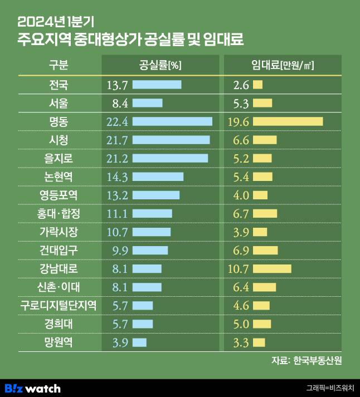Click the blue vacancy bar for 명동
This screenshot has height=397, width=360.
coord(172,121)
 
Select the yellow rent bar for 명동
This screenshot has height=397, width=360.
coord(288,121)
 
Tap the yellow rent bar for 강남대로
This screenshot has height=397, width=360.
coord(272,268)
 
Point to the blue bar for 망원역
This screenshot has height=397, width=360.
coord(140,342)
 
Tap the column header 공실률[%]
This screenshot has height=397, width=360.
coord(160,66)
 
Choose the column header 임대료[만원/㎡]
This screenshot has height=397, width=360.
coord(281,66)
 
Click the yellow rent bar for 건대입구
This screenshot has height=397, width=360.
coord(265,250)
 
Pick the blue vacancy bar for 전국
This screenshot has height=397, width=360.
coord(157,85)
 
